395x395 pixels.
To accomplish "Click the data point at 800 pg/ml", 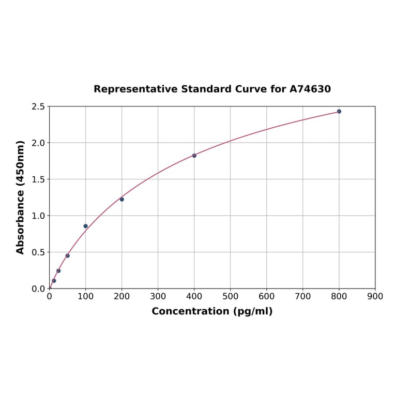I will point(339,111).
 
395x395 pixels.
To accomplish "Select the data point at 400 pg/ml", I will point(194,156).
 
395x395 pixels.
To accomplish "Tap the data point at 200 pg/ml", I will point(122,199).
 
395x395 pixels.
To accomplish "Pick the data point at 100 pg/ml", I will point(86,226).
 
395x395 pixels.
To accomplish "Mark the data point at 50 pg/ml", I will point(68,255).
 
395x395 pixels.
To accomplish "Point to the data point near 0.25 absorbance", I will point(58,270).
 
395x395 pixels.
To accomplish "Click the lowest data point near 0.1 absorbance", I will point(54,281).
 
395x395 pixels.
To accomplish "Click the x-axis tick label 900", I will point(375,297).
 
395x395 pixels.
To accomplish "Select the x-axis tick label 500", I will point(231,297).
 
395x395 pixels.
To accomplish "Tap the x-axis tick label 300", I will point(158,297).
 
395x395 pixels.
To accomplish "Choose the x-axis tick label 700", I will point(303,297).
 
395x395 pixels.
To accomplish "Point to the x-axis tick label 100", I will point(86,297).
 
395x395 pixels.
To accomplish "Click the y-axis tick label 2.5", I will point(38,107).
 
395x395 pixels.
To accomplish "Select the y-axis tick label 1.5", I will point(38,179).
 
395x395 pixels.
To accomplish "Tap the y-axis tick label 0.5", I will point(38,252).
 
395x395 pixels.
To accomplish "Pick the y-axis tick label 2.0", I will point(38,143).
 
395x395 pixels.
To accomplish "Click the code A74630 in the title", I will point(310,89).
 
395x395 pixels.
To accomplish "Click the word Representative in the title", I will point(135,89).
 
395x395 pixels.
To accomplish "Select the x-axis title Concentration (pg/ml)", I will point(212,311).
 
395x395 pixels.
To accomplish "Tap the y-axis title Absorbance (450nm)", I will point(21,197).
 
